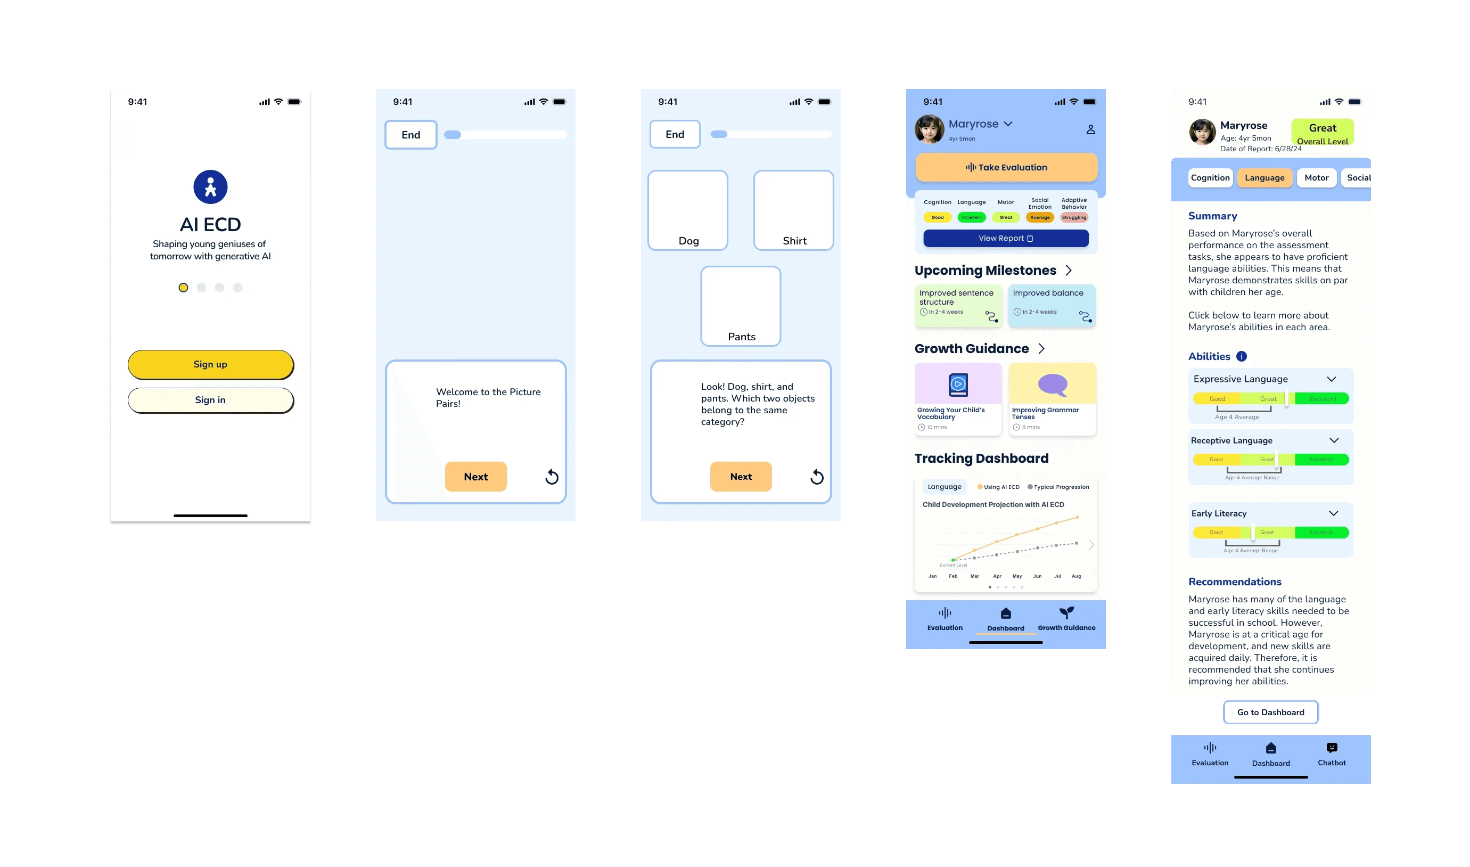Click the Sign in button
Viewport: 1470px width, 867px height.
click(x=210, y=400)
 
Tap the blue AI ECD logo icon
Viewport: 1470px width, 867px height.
click(x=210, y=187)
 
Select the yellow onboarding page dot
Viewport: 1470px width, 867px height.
click(x=183, y=288)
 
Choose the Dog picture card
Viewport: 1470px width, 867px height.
click(x=688, y=210)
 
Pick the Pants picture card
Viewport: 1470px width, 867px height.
click(x=741, y=306)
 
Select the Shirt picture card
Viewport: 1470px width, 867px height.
click(x=794, y=210)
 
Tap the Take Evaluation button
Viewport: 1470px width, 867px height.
click(x=1006, y=168)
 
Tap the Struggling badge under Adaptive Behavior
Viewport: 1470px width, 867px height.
click(x=1074, y=217)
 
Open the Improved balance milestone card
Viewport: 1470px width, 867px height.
click(x=1052, y=306)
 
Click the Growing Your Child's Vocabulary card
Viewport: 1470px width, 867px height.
click(x=958, y=399)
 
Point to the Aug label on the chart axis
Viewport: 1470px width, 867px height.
click(x=1077, y=576)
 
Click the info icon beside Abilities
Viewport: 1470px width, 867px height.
click(x=1242, y=356)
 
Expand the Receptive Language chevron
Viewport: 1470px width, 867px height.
click(x=1334, y=440)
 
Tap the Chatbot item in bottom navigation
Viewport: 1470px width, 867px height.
click(x=1332, y=754)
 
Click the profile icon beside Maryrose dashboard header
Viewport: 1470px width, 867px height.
click(x=1090, y=130)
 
